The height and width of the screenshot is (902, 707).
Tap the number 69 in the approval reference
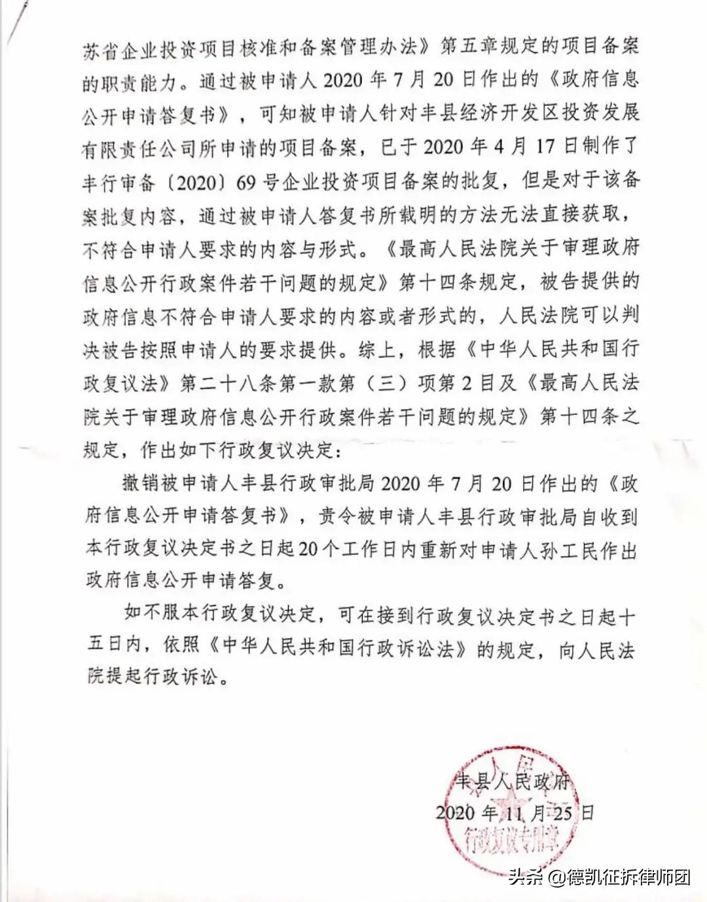tap(245, 181)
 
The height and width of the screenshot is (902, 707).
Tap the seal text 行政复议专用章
tap(510, 840)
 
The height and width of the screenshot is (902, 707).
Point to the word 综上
tap(377, 350)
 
